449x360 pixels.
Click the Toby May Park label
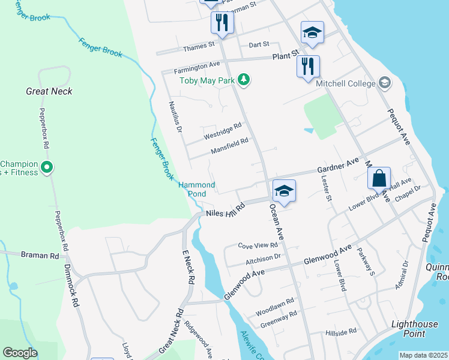[206, 80]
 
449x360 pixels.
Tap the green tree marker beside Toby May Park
[243, 79]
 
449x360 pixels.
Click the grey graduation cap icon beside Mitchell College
[385, 83]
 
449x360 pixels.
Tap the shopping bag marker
[379, 178]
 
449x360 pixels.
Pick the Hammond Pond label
[196, 190]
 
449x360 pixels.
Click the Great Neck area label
[49, 91]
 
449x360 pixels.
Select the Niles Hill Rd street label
[226, 211]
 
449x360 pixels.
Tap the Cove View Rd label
[258, 245]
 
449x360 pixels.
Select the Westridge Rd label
[223, 131]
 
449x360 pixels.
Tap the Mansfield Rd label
[229, 146]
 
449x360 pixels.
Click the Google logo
[20, 352]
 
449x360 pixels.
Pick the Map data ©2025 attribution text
[423, 355]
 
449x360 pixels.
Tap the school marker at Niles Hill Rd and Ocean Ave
[284, 191]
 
